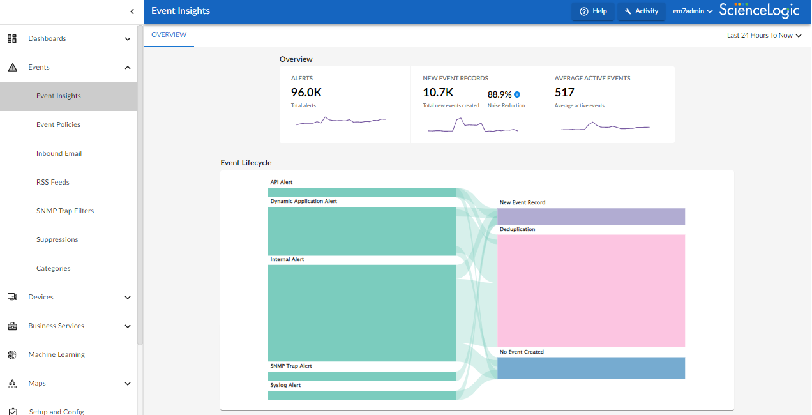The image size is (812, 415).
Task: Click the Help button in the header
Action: coord(593,11)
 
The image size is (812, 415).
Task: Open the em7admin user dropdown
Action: coord(692,11)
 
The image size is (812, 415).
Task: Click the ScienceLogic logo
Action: coord(759,10)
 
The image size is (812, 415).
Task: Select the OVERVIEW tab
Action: coord(169,35)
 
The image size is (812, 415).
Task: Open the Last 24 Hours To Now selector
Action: coord(763,36)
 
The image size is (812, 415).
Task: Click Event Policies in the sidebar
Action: coord(58,125)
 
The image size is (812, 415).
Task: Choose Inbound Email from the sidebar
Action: coord(59,154)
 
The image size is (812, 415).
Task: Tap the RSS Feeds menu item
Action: coord(52,183)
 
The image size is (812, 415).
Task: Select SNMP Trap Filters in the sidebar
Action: coord(65,211)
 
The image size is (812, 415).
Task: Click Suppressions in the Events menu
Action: coord(57,240)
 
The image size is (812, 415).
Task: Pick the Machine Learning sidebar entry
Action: coord(56,355)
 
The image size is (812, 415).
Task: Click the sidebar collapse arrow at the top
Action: coord(132,11)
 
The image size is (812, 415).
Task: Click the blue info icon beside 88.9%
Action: coord(517,94)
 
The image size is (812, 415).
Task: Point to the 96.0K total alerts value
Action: coord(306,93)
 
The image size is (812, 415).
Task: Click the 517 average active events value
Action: coord(564,93)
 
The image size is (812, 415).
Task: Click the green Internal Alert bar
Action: coord(361,313)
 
